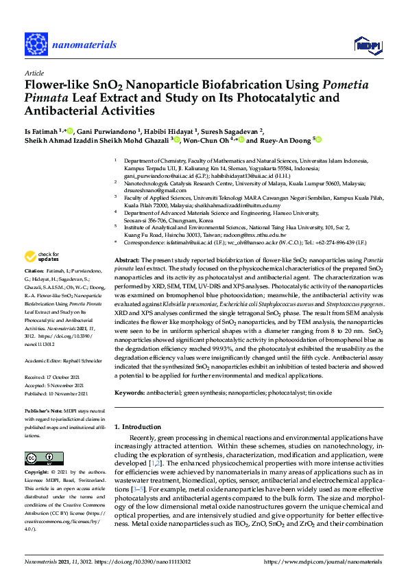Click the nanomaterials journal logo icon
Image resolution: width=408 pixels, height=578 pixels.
36,43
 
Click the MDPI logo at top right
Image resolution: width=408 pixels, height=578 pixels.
365,45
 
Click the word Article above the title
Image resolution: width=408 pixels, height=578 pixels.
34,72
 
